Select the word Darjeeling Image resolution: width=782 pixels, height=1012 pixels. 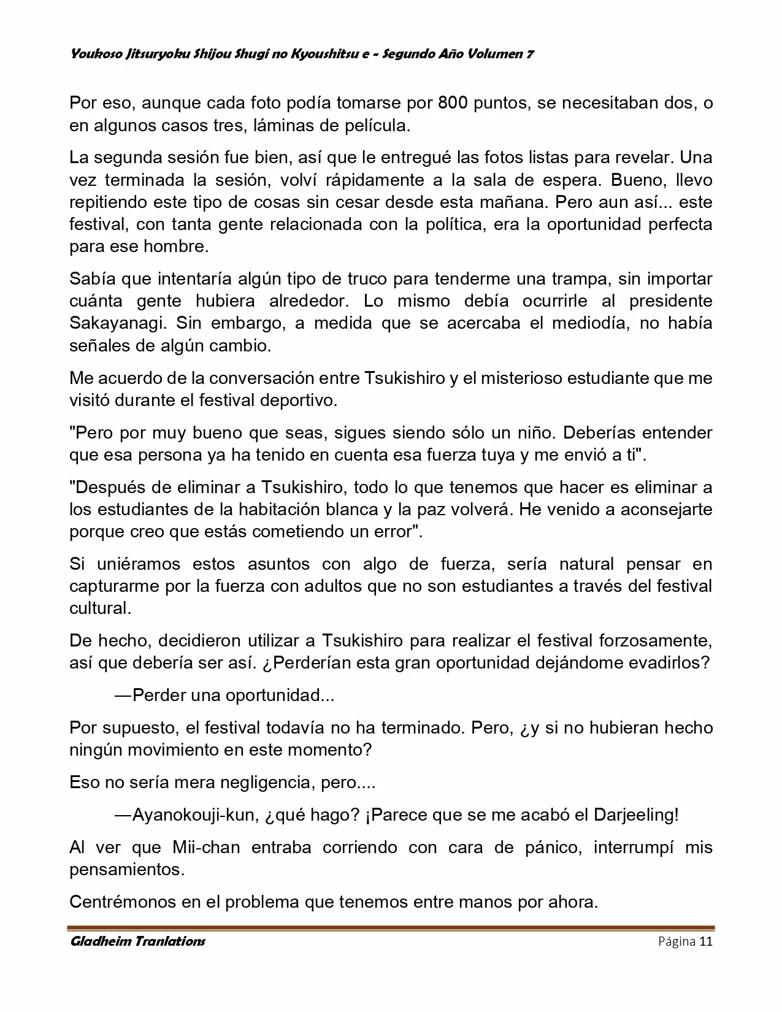(635, 815)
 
